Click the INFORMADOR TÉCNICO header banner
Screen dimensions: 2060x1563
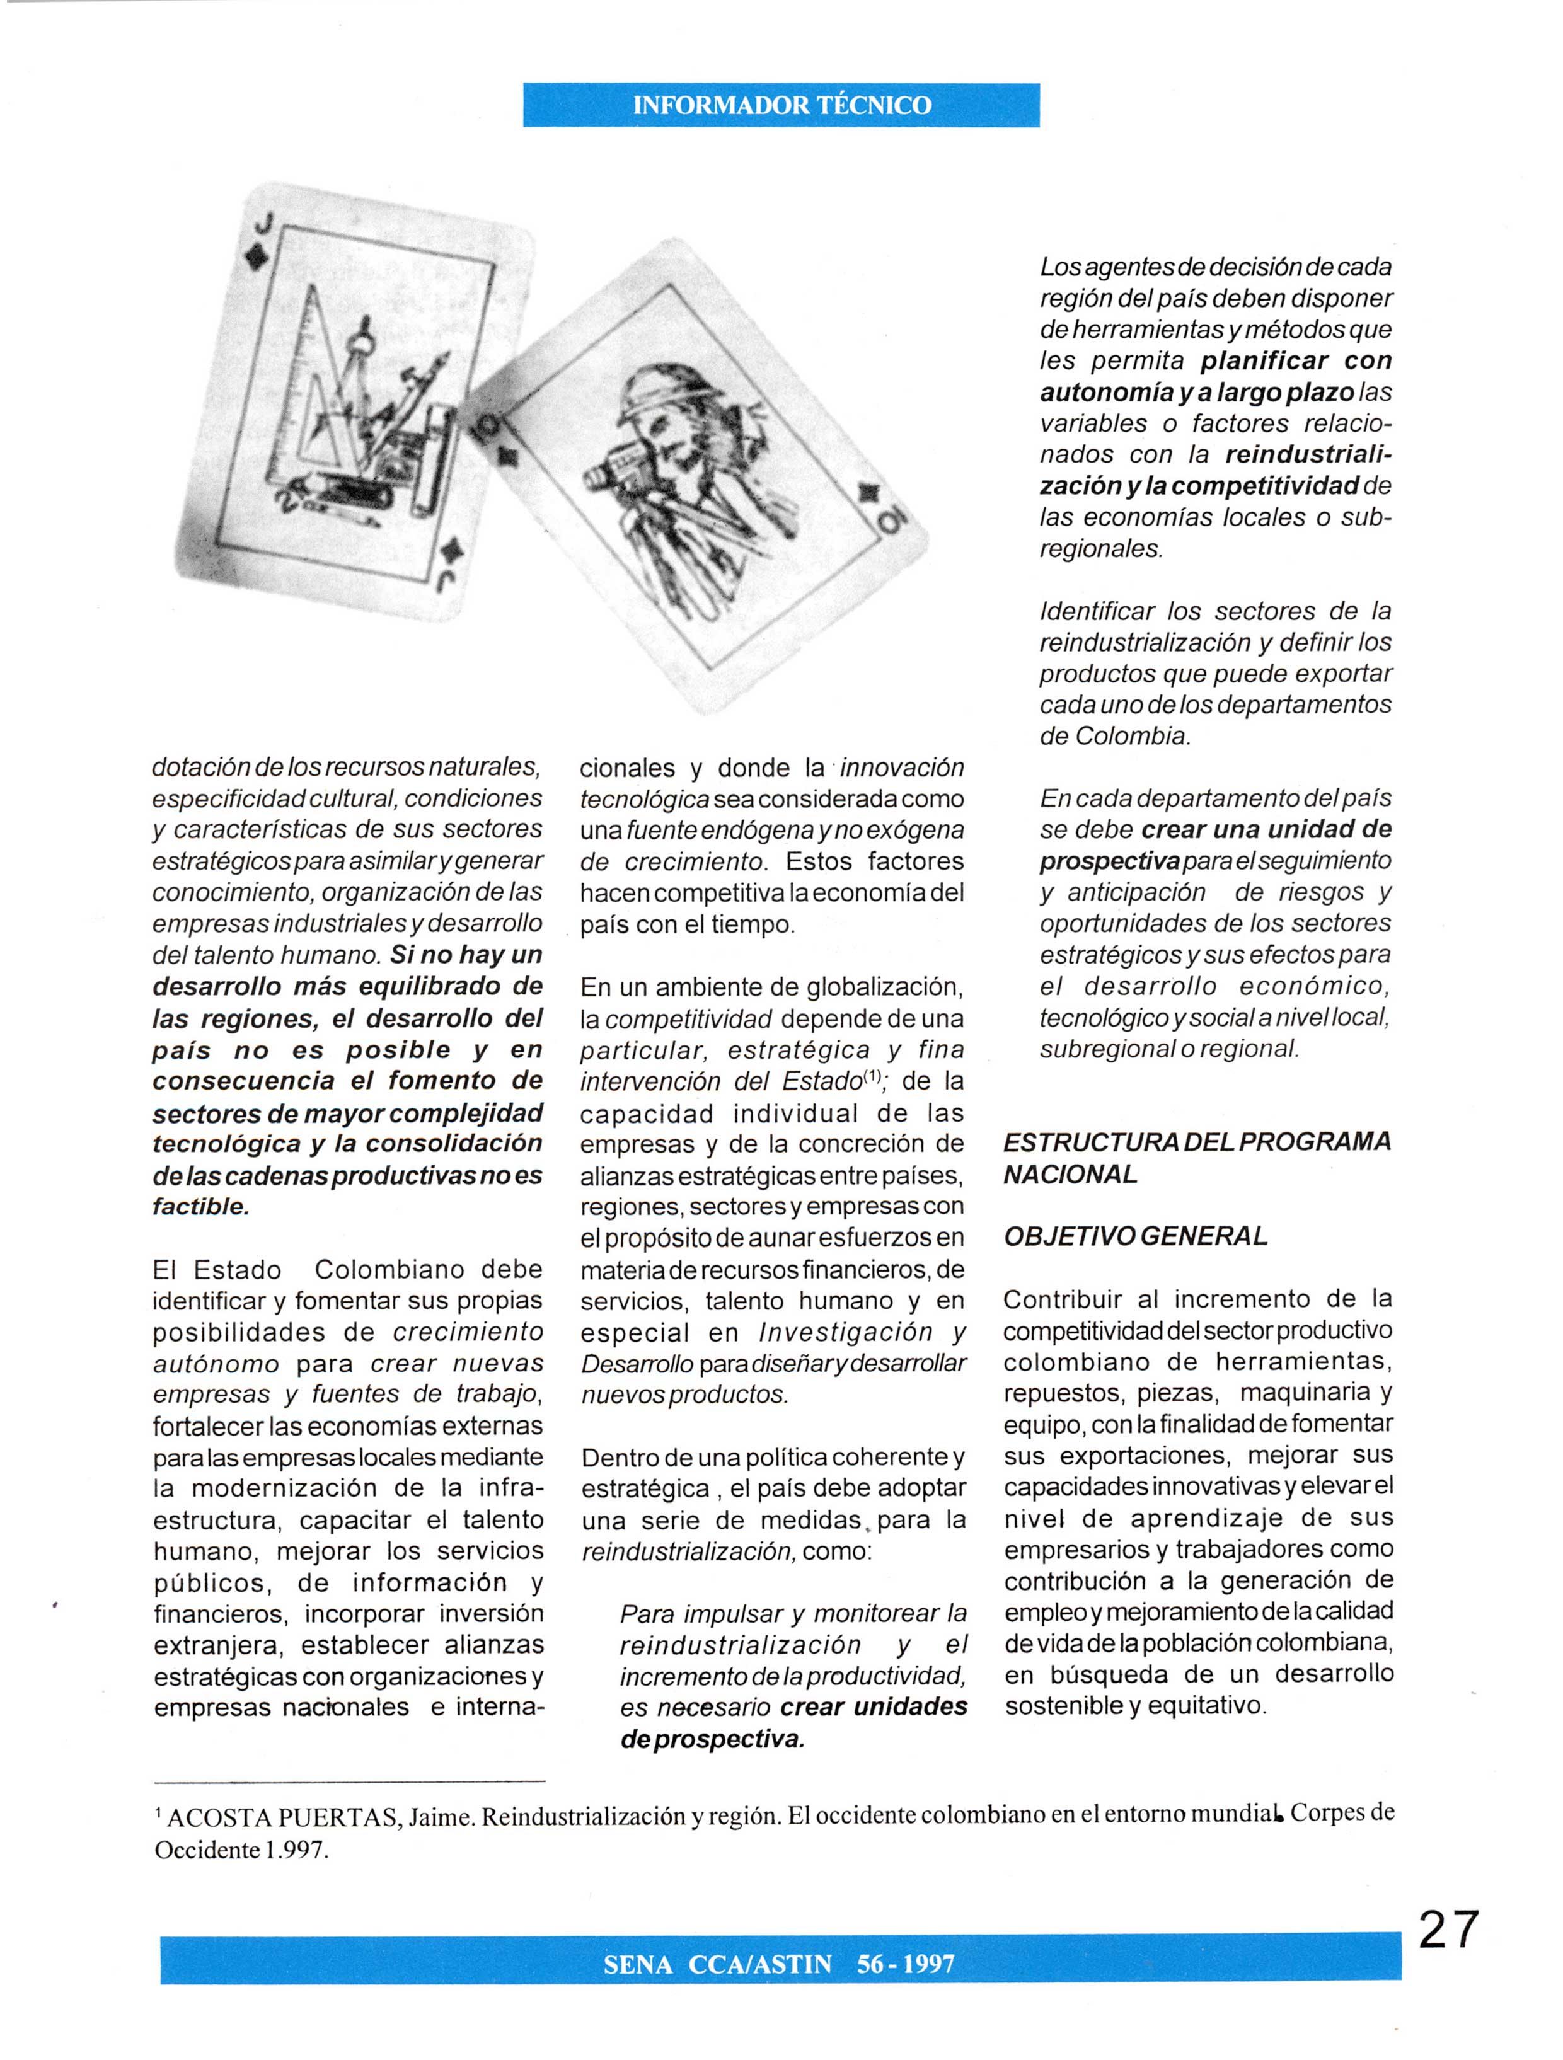781,105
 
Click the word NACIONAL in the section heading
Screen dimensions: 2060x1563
1070,1175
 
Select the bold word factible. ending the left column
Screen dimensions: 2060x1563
200,1206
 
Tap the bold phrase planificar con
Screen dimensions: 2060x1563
1296,360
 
